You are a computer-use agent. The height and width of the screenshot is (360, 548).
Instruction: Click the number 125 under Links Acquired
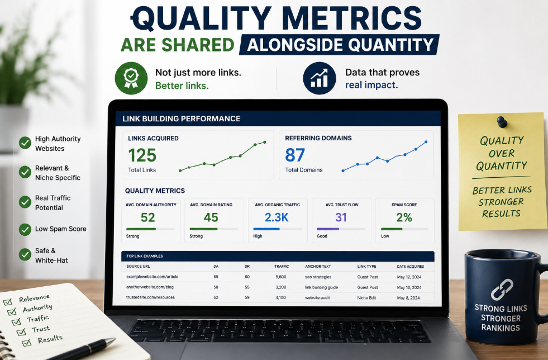[142, 155]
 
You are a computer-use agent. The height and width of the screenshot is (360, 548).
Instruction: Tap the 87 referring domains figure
[295, 155]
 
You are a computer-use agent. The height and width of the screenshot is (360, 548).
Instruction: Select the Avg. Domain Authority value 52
[147, 217]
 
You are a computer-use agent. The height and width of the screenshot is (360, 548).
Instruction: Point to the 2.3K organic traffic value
[277, 217]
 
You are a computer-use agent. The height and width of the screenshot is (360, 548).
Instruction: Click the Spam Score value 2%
[404, 217]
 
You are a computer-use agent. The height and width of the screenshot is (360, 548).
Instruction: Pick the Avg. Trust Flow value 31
[341, 217]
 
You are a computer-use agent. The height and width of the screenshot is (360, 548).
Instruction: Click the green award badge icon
[131, 78]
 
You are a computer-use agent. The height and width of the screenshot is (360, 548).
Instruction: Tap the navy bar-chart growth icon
[320, 78]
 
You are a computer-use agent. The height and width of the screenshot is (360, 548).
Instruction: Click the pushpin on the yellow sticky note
[502, 121]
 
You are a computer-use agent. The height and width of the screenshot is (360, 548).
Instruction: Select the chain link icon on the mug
[502, 290]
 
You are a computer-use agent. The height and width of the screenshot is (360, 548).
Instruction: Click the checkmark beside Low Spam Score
[25, 229]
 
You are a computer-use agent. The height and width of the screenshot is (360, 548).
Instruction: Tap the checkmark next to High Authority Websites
[25, 143]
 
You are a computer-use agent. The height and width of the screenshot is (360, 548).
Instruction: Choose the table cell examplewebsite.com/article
[153, 277]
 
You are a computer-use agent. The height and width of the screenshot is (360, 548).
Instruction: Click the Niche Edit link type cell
[366, 298]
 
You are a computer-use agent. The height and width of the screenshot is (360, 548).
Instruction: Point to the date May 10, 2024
[409, 287]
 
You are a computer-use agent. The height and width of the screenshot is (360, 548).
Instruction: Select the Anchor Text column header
[318, 267]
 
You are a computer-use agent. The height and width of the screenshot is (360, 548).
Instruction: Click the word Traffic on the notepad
[38, 319]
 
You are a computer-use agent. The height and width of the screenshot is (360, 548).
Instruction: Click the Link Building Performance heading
[182, 119]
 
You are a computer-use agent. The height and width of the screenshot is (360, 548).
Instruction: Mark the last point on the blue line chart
[426, 142]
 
